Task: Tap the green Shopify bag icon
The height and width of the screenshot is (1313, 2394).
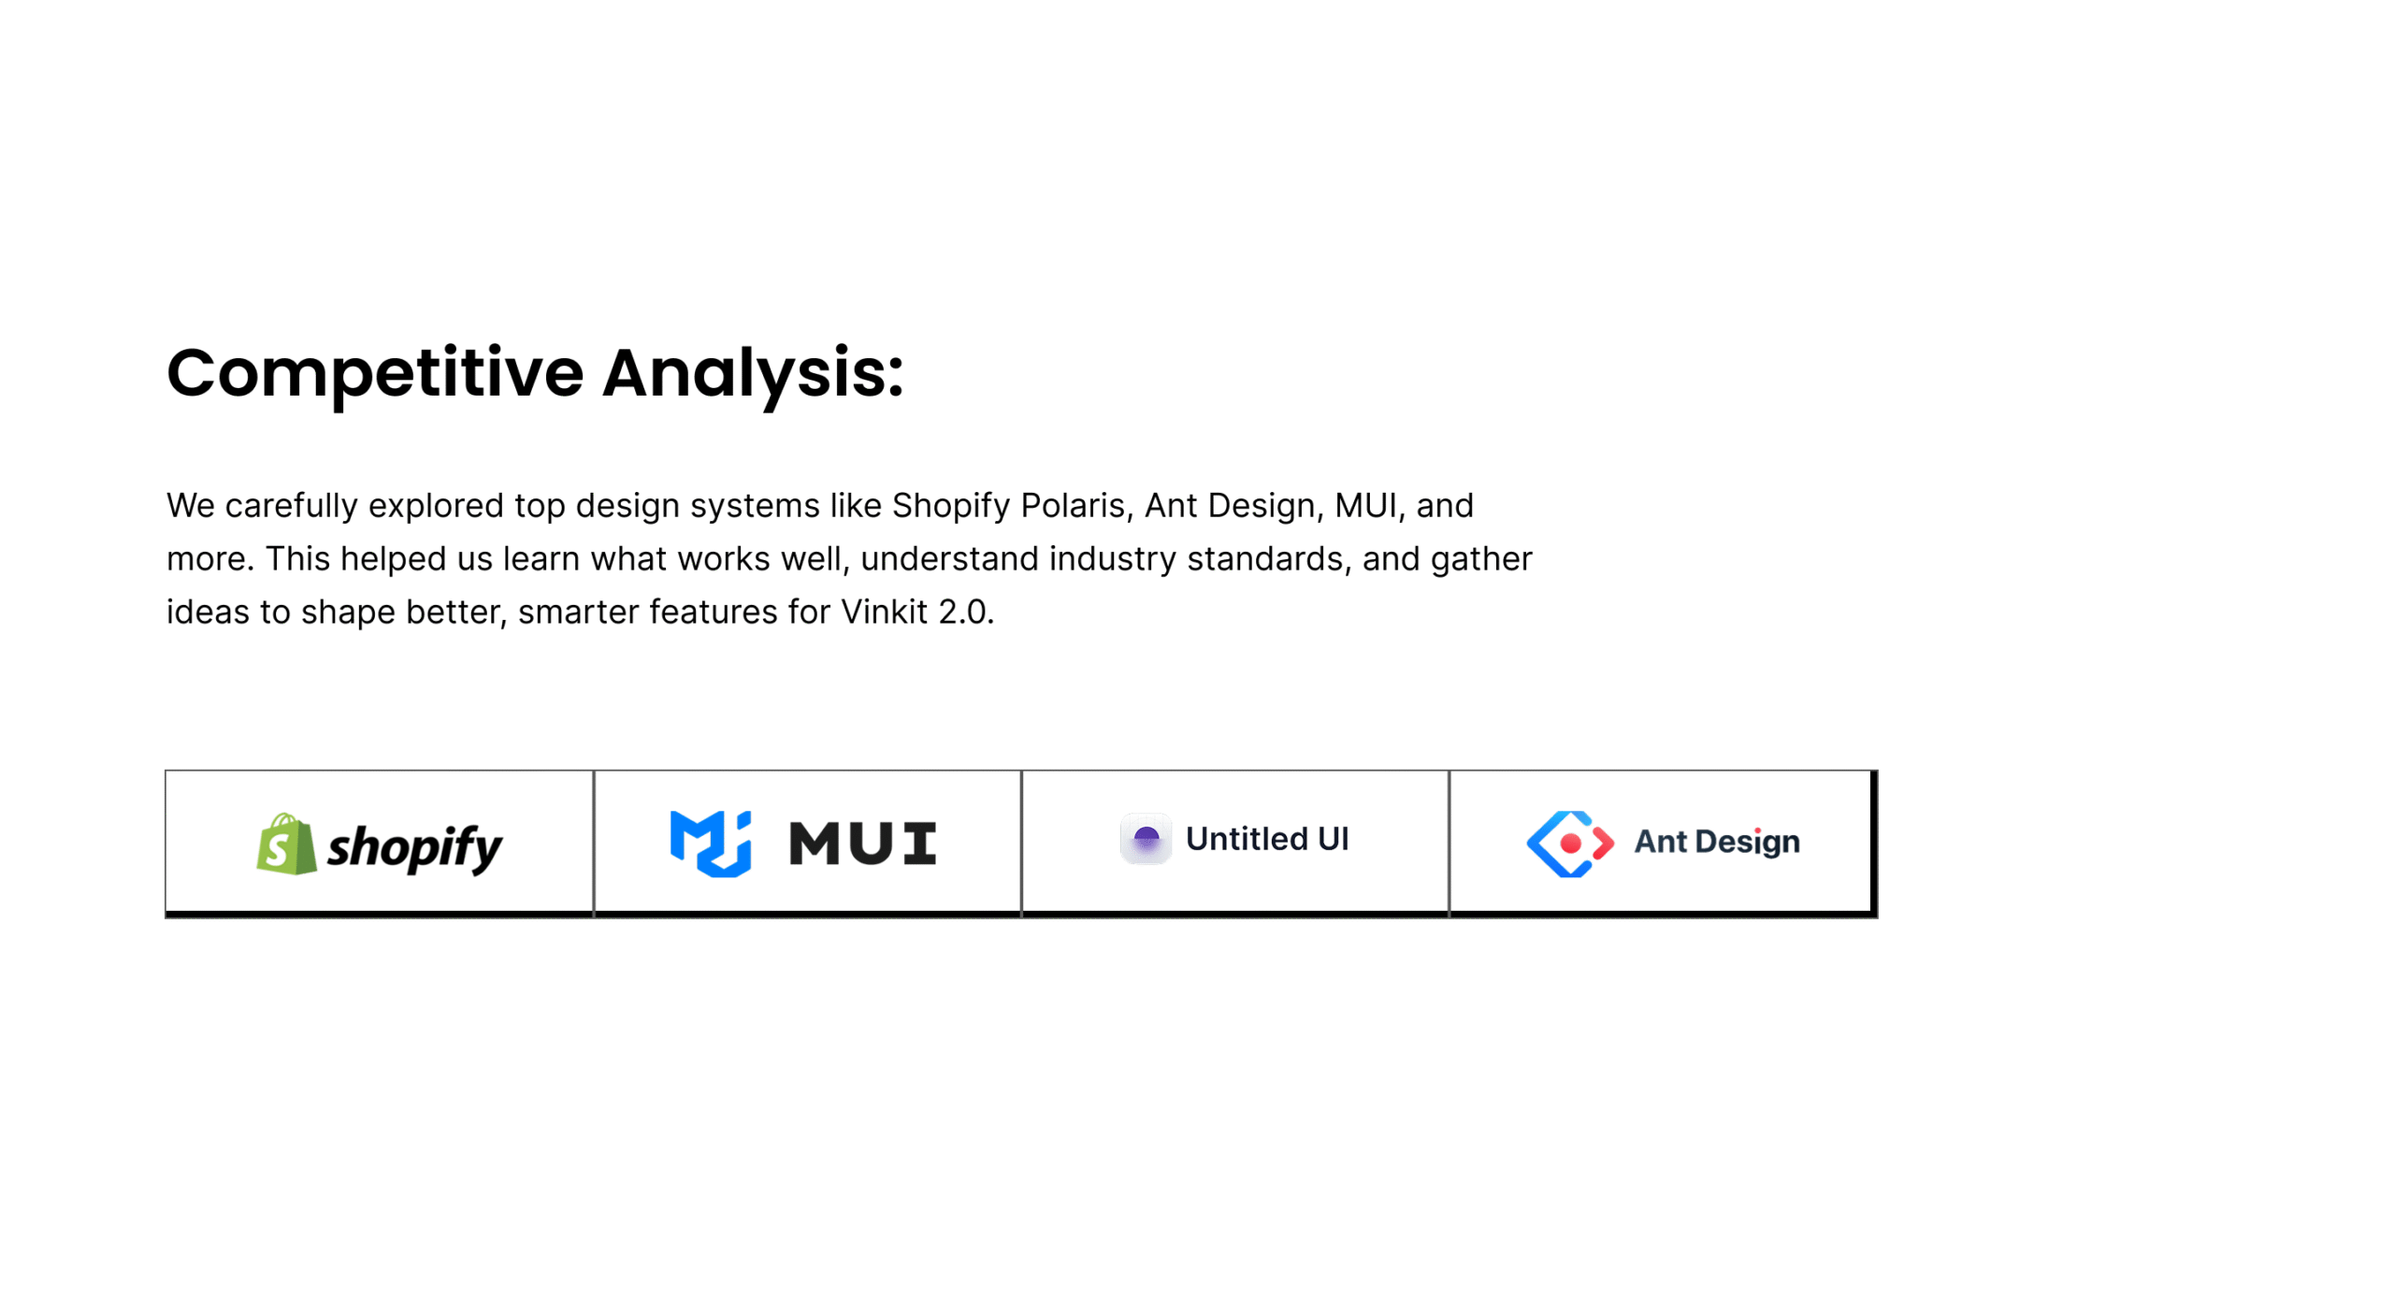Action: tap(286, 844)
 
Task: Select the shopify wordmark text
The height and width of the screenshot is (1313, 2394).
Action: tap(414, 848)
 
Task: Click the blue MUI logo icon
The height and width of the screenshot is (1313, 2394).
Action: tap(711, 844)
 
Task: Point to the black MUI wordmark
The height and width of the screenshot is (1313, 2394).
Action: tap(862, 844)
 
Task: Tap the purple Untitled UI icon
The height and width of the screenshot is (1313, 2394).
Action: tap(1146, 839)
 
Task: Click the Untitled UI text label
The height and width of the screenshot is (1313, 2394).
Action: tap(1267, 839)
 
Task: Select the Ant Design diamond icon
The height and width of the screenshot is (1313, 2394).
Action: tap(1570, 844)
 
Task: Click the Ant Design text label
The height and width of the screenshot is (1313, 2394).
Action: tap(1717, 842)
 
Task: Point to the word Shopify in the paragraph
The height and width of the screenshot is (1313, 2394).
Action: tap(951, 507)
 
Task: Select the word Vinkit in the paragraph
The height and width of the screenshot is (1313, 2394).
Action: tap(884, 612)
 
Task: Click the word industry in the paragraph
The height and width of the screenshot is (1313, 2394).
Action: tap(1113, 560)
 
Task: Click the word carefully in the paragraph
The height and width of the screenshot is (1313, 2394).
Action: tap(292, 507)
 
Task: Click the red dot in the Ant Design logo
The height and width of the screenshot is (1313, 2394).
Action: tap(1570, 844)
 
